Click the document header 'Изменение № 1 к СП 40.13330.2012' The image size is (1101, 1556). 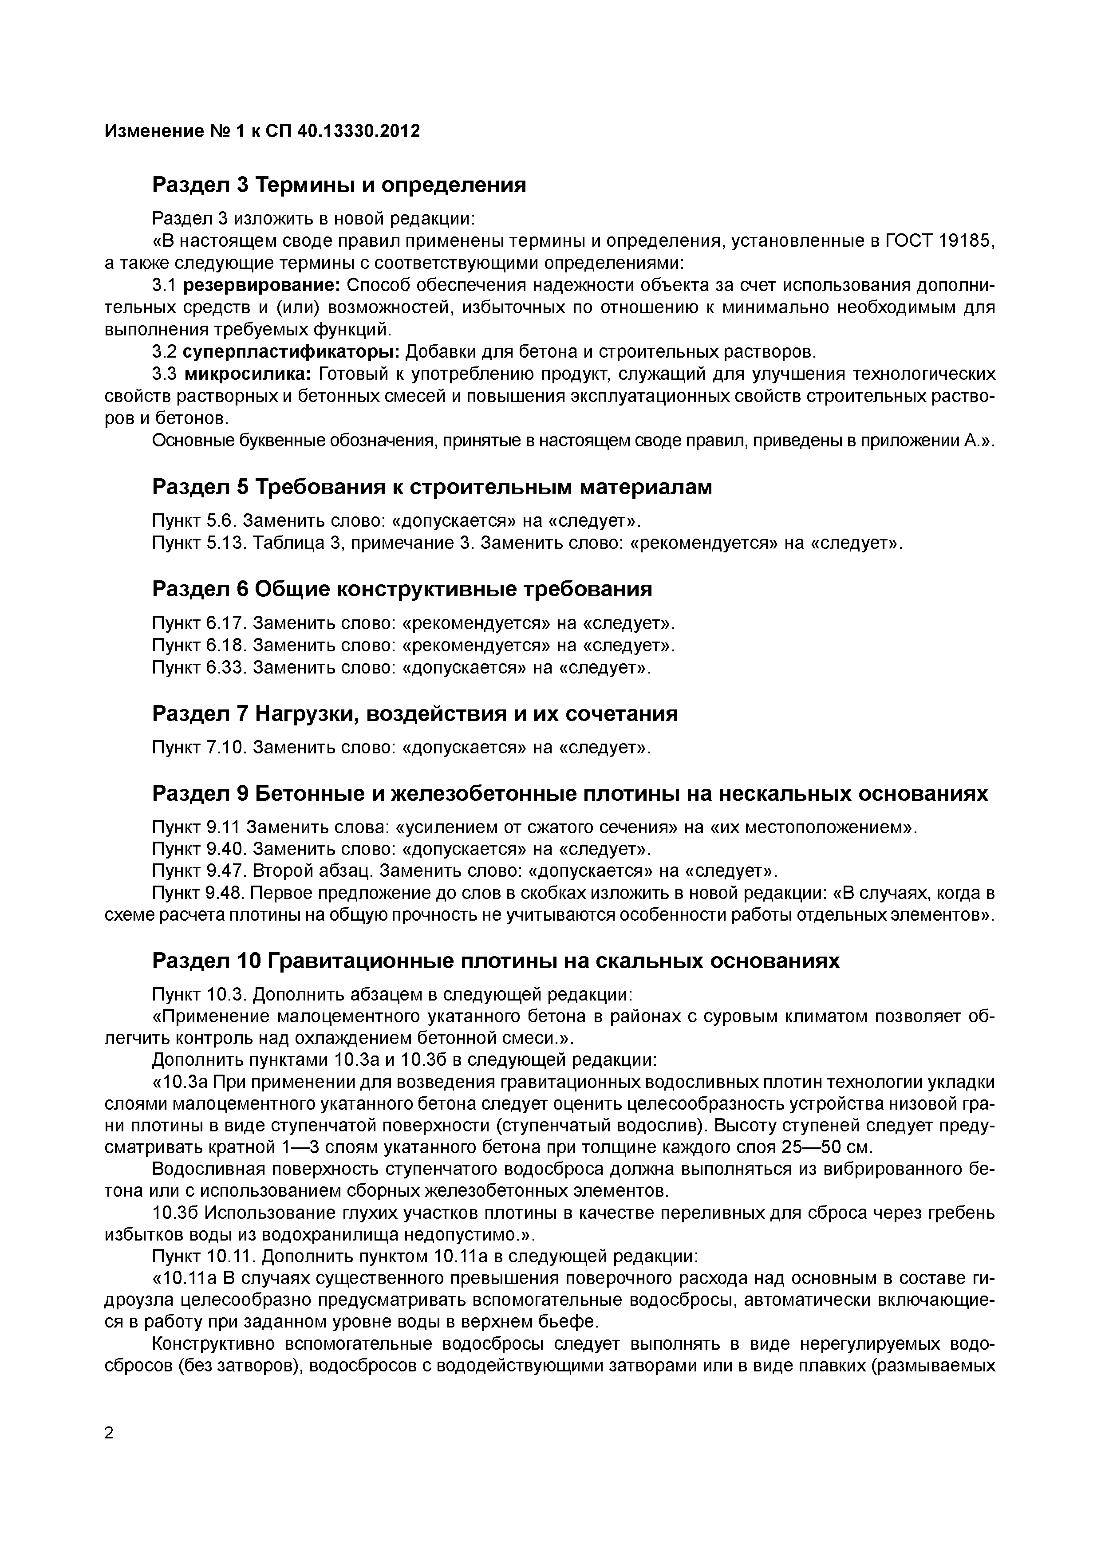(x=262, y=131)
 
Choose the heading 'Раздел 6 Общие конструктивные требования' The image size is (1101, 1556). (x=402, y=589)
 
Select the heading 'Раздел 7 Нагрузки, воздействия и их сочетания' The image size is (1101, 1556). (x=415, y=713)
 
